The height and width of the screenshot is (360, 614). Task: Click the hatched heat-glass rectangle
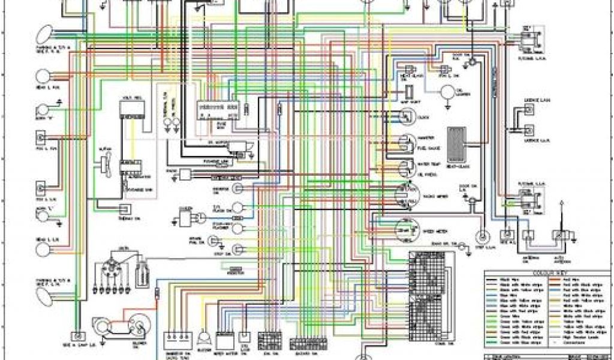point(457,145)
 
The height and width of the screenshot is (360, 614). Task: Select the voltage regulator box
point(131,110)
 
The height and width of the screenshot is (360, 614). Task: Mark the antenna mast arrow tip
point(562,205)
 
